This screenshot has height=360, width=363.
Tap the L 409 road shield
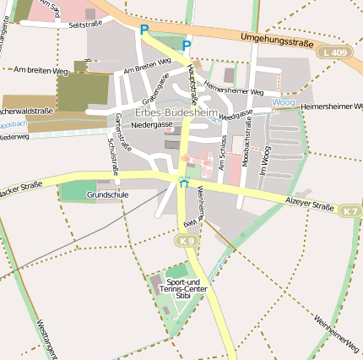(333, 52)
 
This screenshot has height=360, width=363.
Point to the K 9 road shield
(187, 241)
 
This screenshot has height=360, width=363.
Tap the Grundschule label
(107, 194)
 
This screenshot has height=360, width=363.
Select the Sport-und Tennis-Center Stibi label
(183, 288)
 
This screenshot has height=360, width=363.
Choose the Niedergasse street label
(152, 124)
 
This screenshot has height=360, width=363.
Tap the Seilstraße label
(85, 25)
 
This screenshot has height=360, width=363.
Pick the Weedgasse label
(236, 116)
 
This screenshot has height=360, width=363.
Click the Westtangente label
(46, 338)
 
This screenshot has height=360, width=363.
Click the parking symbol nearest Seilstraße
(144, 30)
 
